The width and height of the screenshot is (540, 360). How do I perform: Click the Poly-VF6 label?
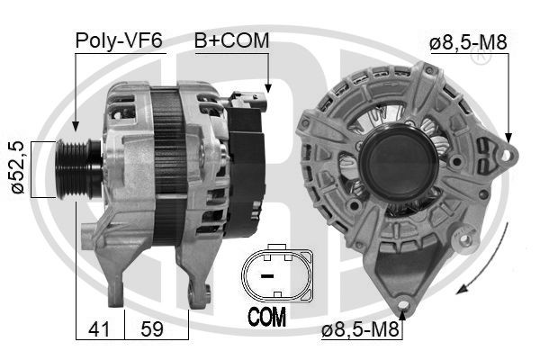coord(119,40)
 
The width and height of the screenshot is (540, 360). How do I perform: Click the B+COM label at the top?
coord(231,40)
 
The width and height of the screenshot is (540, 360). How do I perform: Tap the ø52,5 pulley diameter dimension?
coord(18,167)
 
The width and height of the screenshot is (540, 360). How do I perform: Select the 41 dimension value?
coord(99,328)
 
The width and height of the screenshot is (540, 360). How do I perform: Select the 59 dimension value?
coord(152,328)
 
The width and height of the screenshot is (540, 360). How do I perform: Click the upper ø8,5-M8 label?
coord(468,42)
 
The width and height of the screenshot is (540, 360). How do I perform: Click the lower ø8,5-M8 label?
coord(360,330)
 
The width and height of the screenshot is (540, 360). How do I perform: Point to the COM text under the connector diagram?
coord(267,317)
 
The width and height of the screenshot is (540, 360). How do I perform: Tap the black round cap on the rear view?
coord(399,163)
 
